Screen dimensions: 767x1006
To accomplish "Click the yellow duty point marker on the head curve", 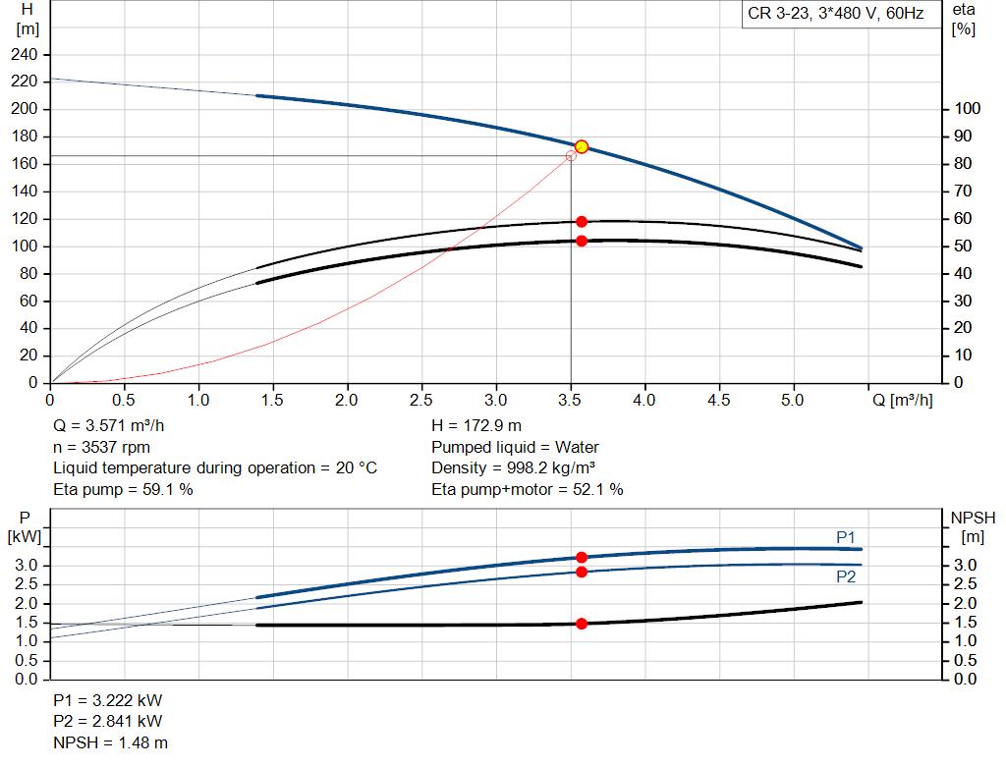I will (x=582, y=146).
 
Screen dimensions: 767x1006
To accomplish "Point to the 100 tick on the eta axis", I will (x=967, y=108).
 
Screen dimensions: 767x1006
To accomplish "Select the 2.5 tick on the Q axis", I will (x=421, y=401).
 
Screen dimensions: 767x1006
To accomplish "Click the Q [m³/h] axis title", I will (x=902, y=401).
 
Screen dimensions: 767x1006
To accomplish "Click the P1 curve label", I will (x=846, y=537).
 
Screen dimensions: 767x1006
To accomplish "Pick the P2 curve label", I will (x=846, y=577).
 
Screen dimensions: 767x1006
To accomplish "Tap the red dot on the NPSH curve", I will (x=582, y=624).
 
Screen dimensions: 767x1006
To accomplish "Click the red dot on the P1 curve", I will (x=582, y=557).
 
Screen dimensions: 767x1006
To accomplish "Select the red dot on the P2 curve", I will (x=582, y=572).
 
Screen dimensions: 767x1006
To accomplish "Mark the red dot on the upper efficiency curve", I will (x=582, y=222).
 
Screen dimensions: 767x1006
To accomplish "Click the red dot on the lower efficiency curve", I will (x=582, y=241).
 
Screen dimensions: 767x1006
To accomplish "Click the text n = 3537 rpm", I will (x=101, y=447).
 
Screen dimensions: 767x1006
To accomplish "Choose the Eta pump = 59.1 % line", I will (x=123, y=488).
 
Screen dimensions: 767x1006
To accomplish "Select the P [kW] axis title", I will (x=25, y=526).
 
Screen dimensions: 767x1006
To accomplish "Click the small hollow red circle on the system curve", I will (x=571, y=156).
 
